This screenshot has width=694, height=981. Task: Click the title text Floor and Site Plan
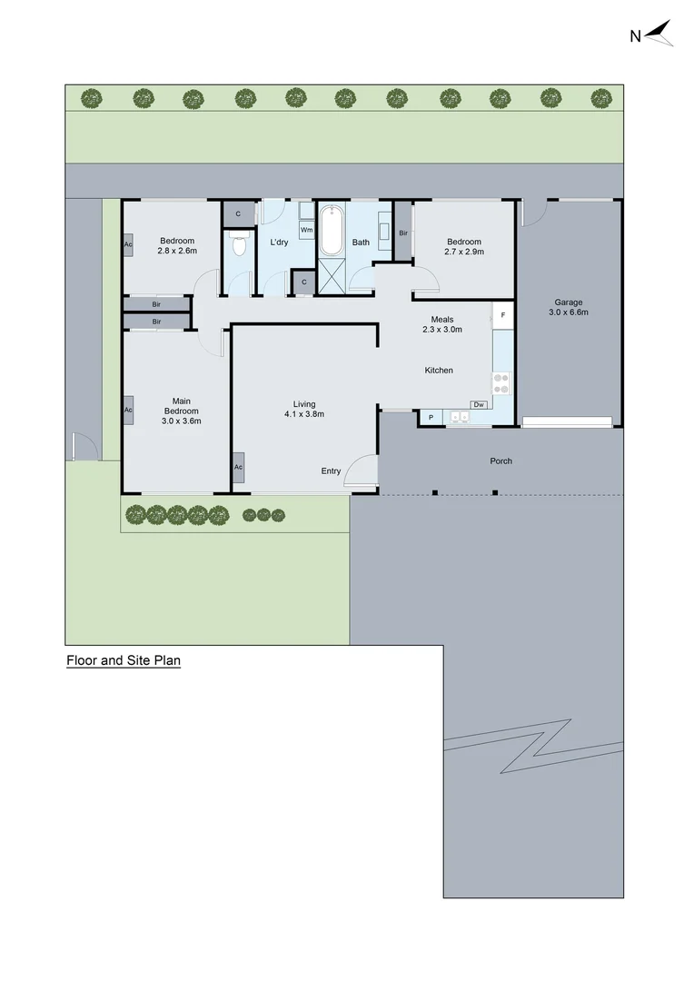click(124, 661)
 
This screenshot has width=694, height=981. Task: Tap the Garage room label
click(570, 302)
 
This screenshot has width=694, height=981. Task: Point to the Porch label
click(501, 461)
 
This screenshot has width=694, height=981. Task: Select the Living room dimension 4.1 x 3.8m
click(304, 414)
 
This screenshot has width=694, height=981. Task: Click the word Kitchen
click(439, 370)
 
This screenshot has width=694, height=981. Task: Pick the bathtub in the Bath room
click(330, 231)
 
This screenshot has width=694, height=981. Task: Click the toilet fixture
click(239, 245)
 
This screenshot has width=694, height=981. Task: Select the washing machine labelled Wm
click(307, 230)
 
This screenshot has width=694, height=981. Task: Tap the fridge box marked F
click(502, 316)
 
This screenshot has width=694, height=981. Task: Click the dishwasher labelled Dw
click(479, 404)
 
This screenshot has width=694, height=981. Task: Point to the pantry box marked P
click(431, 418)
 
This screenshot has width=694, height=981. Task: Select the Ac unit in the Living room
click(238, 467)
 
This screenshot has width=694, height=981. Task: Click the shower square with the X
click(332, 276)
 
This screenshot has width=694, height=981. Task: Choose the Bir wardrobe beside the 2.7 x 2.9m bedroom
click(402, 233)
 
